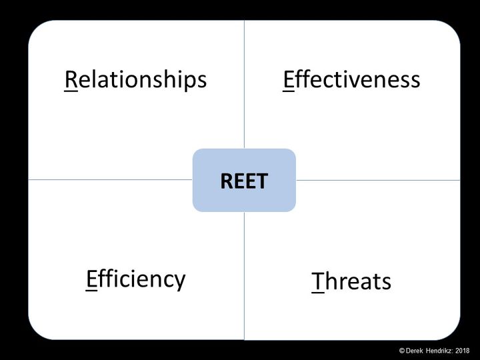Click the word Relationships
135,80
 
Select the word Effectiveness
351,79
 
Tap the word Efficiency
135,279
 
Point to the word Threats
351,281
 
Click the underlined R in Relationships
71,79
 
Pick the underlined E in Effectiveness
289,80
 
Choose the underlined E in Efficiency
91,279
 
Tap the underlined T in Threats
318,281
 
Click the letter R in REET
227,181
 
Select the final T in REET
263,181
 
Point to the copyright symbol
402,351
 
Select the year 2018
463,351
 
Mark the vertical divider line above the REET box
244,85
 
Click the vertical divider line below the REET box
244,276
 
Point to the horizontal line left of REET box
111,180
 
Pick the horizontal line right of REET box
378,180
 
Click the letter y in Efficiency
179,282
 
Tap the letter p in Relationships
190,82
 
